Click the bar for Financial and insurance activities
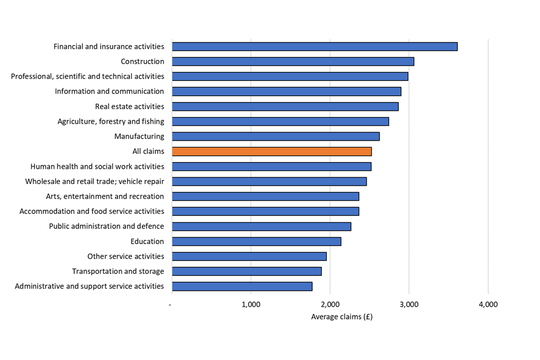(x=314, y=47)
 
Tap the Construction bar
(x=293, y=61)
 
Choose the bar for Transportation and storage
(x=246, y=271)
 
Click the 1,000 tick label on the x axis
(x=251, y=305)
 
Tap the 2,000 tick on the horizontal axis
(x=330, y=305)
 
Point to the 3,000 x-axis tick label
(x=409, y=305)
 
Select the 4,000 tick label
(x=488, y=305)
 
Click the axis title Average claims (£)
(x=341, y=317)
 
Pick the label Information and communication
(x=109, y=91)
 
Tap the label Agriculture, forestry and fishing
(x=111, y=121)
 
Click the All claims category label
(x=148, y=151)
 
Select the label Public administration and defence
(x=106, y=226)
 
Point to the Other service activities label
(x=125, y=256)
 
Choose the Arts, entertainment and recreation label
(x=105, y=196)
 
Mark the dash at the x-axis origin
(x=170, y=305)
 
